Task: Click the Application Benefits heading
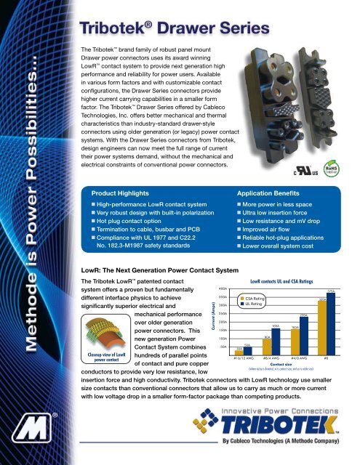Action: click(273, 195)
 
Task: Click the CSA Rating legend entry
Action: click(252, 298)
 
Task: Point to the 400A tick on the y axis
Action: click(223, 288)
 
